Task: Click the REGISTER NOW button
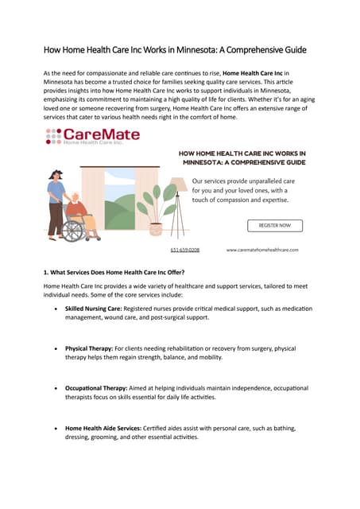tap(274, 225)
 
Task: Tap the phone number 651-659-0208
tap(184, 250)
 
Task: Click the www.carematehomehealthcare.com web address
tap(262, 250)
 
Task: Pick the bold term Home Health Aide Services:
tap(107, 428)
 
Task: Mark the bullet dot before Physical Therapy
tap(54, 349)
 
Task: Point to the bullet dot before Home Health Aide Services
tap(54, 429)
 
